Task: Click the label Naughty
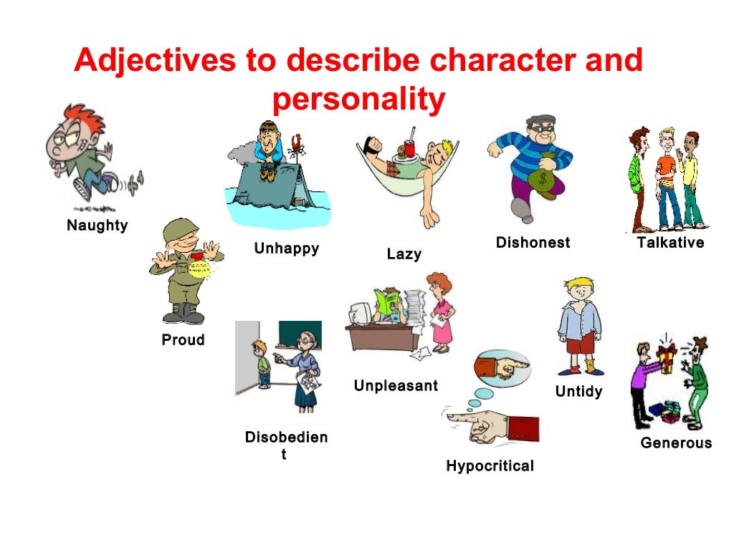97,226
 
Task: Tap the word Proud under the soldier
183,339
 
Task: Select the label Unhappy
287,249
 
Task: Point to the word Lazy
404,254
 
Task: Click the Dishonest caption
533,242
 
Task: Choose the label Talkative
670,242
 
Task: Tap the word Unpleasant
396,385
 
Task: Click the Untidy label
578,391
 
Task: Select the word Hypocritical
490,465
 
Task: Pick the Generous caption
676,443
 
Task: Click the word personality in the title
358,99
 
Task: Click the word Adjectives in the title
155,61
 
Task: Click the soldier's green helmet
180,230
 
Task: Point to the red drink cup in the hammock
409,147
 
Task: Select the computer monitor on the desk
361,314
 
